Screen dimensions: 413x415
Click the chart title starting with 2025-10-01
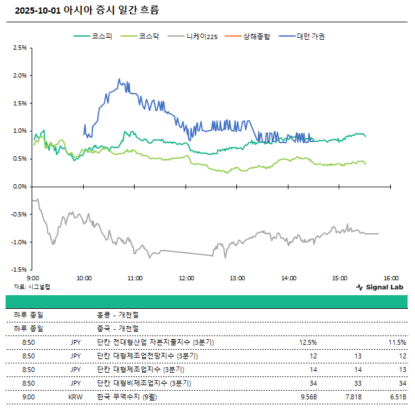87,11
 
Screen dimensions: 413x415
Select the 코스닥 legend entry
140,36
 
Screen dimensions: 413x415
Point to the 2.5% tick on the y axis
19,48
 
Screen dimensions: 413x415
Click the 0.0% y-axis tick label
19,187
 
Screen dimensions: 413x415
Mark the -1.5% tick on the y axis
19,270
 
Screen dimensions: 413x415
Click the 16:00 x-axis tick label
390,278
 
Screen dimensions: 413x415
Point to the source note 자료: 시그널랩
32,287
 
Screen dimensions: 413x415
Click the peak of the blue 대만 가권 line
118,79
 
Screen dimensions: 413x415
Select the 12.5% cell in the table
308,342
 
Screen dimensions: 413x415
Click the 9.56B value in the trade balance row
308,396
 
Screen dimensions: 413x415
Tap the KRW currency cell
76,396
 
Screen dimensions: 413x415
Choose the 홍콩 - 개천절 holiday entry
118,316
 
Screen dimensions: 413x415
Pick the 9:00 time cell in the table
29,396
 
